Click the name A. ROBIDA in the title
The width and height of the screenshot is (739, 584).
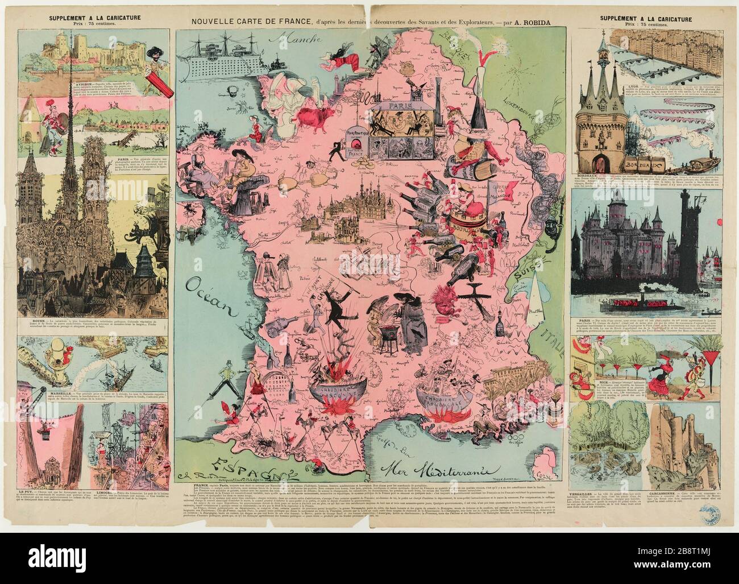535,22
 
